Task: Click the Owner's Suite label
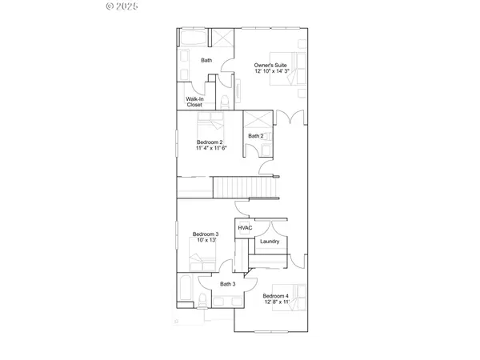(270, 65)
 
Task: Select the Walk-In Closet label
(194, 102)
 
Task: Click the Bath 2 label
(255, 136)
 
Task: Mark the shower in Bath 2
(255, 119)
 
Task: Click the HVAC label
(245, 228)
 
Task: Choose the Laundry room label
(269, 241)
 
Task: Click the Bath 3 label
(227, 284)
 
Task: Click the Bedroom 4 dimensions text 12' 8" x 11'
(276, 302)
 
